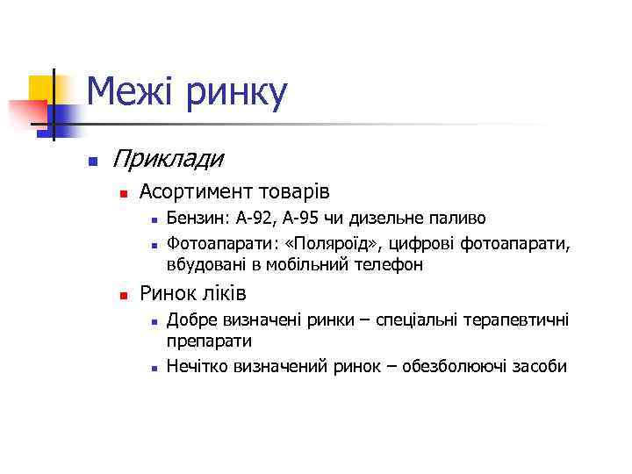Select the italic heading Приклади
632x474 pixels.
168,160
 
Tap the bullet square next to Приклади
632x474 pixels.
90,162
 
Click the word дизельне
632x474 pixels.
391,218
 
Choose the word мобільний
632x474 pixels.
318,263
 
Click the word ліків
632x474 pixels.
222,293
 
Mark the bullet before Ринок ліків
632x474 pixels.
125,295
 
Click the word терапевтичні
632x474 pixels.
519,320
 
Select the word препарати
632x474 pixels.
209,342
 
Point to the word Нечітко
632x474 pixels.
197,366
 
